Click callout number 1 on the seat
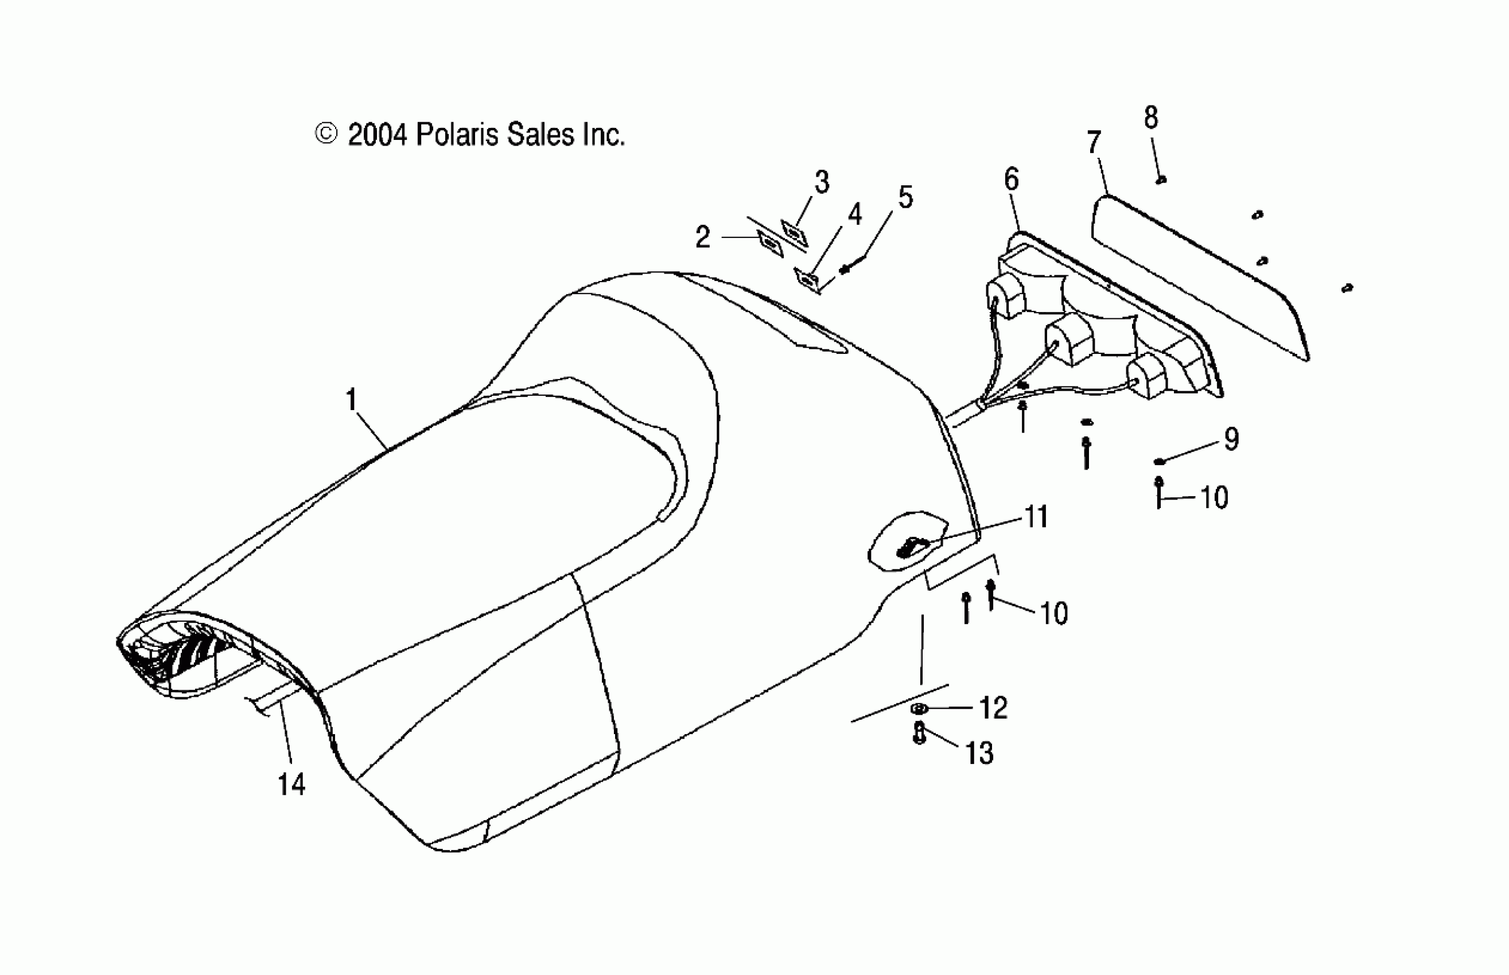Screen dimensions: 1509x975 [x=351, y=400]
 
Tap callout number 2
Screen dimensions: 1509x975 [x=702, y=237]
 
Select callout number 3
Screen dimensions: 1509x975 [x=821, y=182]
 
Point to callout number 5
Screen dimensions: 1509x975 [x=905, y=197]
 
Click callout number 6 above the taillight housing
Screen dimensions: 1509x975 [x=1012, y=180]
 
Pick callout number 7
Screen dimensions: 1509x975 [x=1094, y=142]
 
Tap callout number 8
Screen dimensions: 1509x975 [x=1150, y=118]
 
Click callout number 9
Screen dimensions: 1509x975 [x=1231, y=439]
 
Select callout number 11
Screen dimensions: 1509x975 [x=1036, y=517]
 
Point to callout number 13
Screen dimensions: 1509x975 [x=979, y=754]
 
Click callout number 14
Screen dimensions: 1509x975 [x=291, y=784]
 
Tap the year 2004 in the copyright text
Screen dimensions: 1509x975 [x=377, y=135]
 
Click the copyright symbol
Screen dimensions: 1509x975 [x=326, y=134]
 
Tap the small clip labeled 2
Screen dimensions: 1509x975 [x=770, y=244]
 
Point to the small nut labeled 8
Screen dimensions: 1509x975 [x=1161, y=181]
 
